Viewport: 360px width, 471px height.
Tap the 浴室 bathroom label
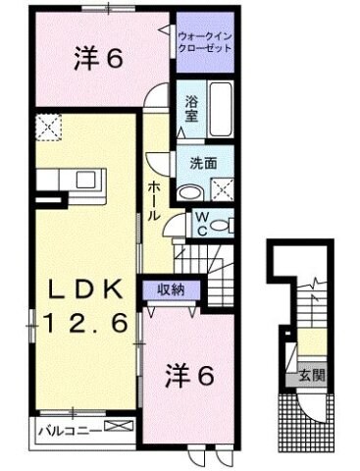(x=191, y=107)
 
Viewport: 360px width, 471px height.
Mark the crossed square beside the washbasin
(x=222, y=190)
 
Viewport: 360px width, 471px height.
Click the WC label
(x=199, y=223)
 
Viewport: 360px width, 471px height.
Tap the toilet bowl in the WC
(x=222, y=224)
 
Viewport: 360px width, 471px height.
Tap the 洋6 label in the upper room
(x=98, y=61)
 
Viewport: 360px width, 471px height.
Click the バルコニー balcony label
(x=65, y=429)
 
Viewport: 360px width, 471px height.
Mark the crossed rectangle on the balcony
(x=119, y=428)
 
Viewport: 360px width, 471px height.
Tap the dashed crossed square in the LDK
(x=47, y=127)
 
